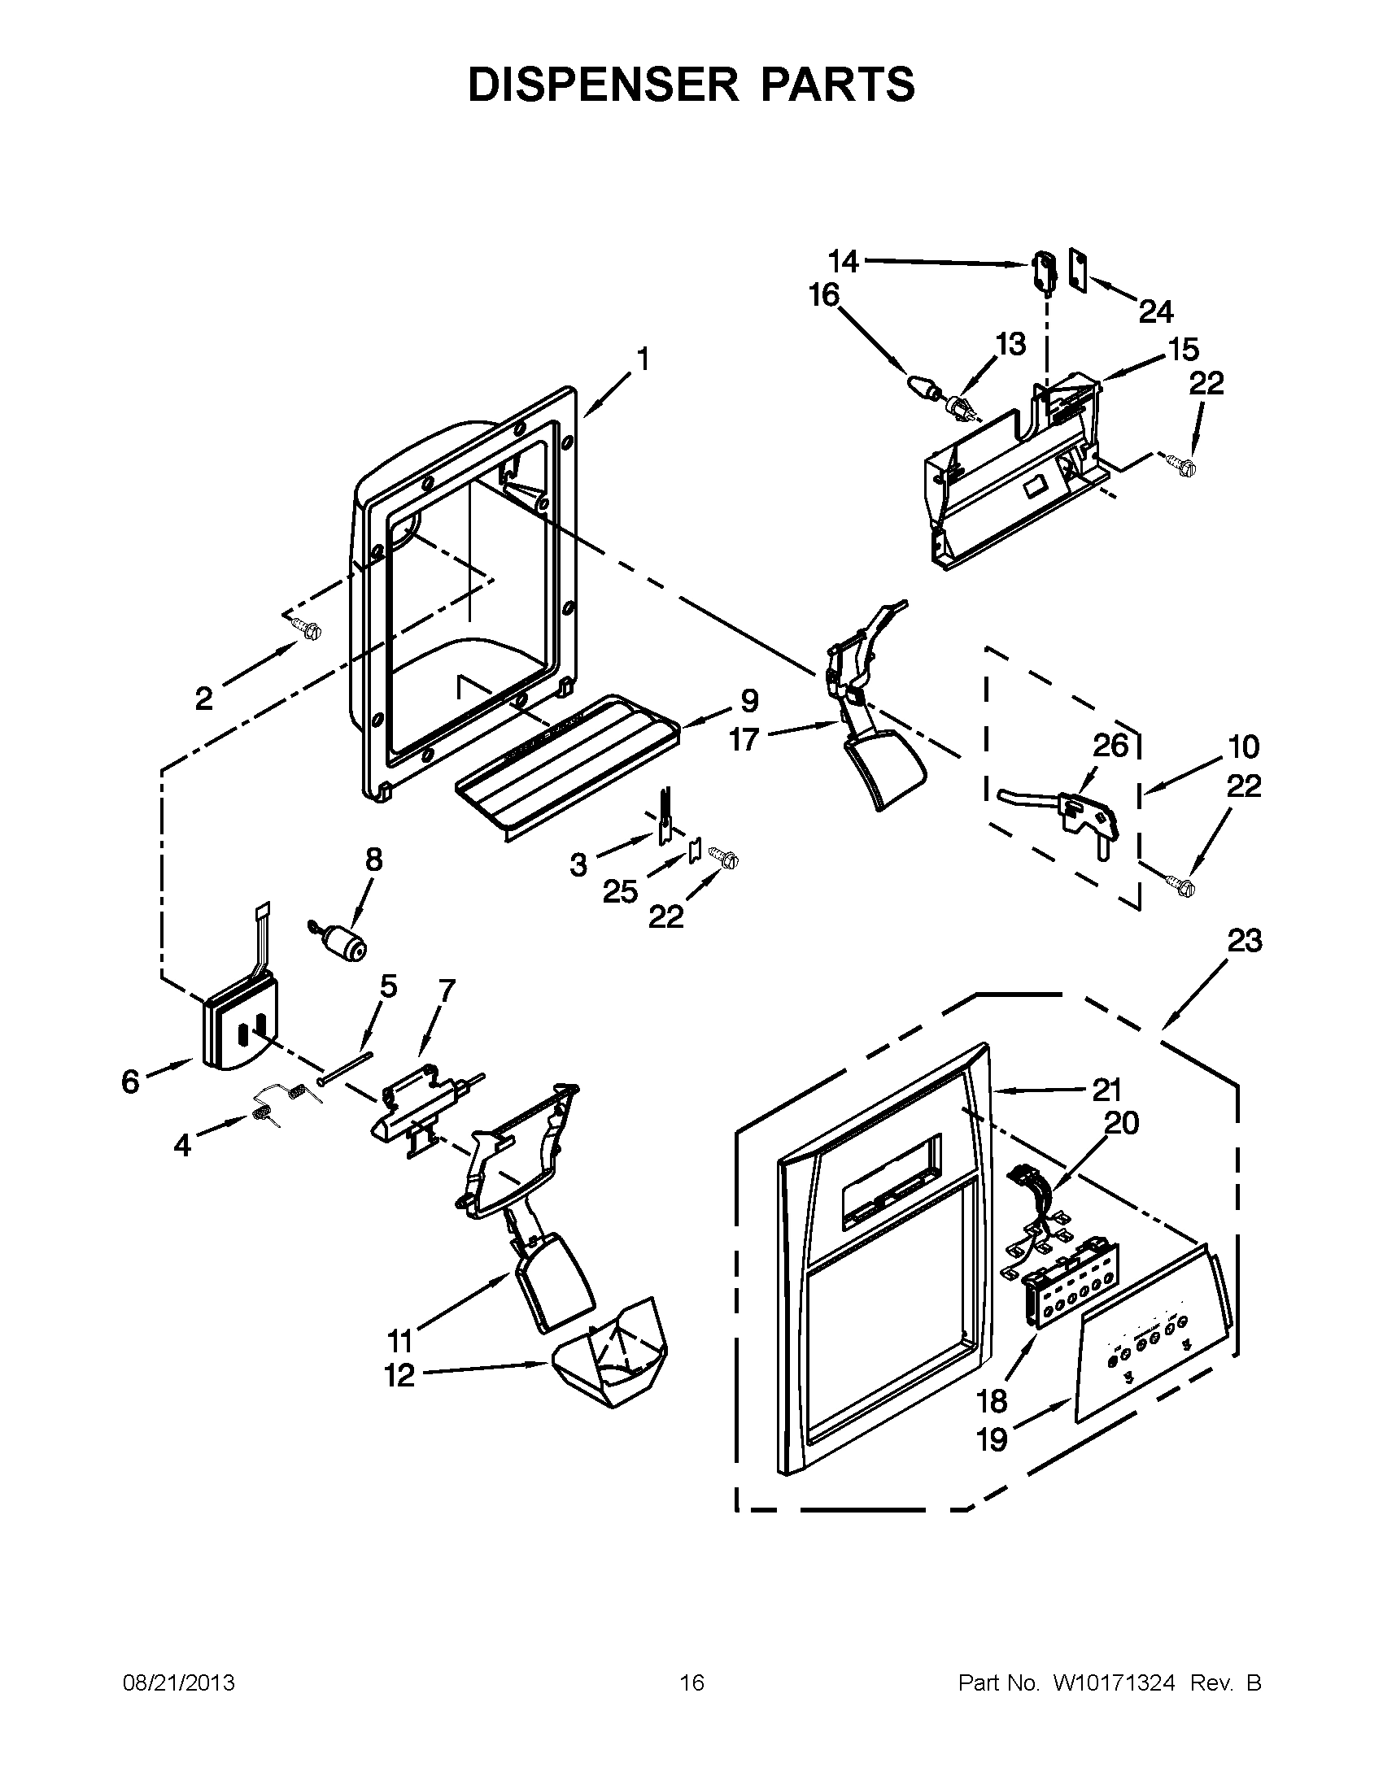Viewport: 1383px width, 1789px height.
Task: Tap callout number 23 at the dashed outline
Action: [x=1244, y=941]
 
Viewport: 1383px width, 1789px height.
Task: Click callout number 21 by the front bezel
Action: [x=1106, y=1090]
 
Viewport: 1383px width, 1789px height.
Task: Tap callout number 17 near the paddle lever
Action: [x=744, y=739]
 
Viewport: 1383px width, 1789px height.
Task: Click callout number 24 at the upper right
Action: [x=1155, y=311]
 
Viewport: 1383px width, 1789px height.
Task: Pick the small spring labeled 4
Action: [x=264, y=1114]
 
